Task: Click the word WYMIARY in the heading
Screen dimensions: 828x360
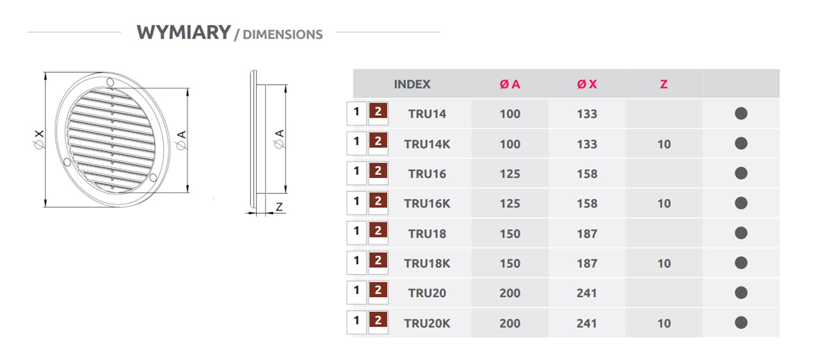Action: click(x=184, y=32)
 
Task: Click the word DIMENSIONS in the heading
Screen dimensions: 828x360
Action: click(x=283, y=35)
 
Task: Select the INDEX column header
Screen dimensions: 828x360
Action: click(x=412, y=84)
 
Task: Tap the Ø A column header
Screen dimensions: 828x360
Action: click(x=510, y=84)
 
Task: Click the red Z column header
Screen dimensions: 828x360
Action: click(x=664, y=84)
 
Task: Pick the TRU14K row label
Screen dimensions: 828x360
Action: click(x=427, y=144)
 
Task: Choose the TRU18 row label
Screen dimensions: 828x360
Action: click(x=427, y=234)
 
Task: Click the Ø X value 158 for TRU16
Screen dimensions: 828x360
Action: click(x=587, y=174)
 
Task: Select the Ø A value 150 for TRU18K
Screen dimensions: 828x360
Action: click(x=510, y=264)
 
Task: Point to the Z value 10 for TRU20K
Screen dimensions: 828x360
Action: click(x=664, y=323)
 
